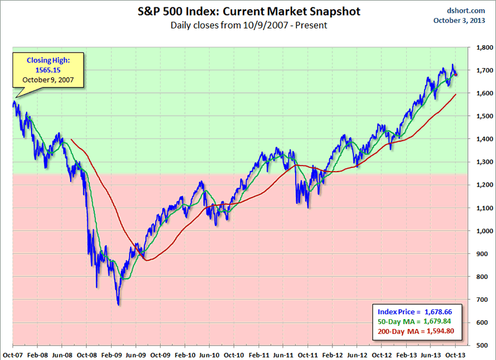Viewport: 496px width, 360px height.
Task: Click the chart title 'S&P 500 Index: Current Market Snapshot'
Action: click(x=247, y=12)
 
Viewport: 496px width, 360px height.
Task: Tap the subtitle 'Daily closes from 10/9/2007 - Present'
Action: click(x=247, y=25)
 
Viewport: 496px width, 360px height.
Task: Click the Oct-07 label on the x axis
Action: click(x=12, y=353)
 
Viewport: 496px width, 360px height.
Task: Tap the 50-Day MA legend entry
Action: click(x=412, y=322)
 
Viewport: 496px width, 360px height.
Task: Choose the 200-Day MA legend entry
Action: click(x=412, y=331)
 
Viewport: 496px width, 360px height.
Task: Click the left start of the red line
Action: click(x=72, y=139)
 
